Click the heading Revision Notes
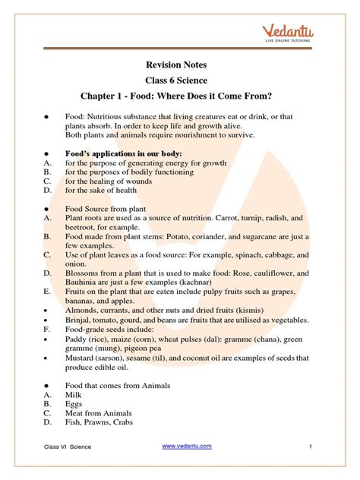coord(180,66)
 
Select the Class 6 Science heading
coord(180,82)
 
